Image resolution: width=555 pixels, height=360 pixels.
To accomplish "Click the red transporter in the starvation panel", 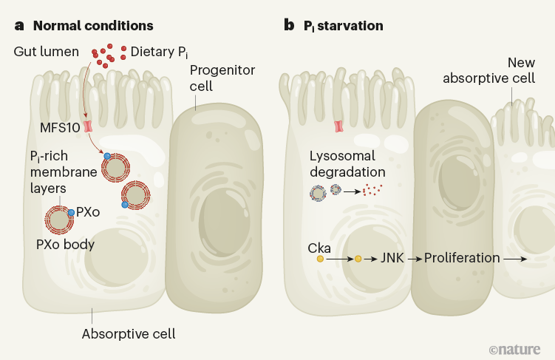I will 339,126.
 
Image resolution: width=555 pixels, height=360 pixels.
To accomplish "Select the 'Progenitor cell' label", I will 211,78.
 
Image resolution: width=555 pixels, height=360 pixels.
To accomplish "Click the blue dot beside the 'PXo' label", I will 71,213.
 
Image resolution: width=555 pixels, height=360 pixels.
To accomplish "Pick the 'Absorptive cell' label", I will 129,333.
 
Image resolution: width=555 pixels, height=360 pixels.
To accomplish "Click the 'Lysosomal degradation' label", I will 342,163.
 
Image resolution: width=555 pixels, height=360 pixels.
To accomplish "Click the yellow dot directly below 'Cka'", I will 320,259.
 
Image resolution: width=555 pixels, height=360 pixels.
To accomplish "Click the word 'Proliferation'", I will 462,259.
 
